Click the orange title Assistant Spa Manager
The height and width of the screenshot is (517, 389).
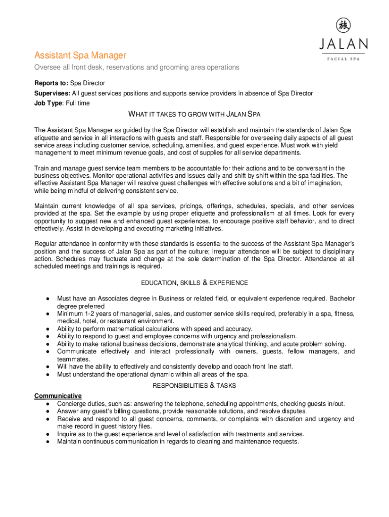click(x=80, y=55)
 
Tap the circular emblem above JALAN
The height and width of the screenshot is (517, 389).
click(x=344, y=25)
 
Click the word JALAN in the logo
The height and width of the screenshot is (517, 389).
click(x=343, y=44)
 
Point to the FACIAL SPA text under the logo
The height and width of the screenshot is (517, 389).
click(x=343, y=59)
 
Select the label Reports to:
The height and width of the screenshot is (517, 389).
click(x=51, y=83)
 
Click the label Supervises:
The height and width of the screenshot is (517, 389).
click(x=52, y=93)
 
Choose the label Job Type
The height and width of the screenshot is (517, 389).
click(x=48, y=104)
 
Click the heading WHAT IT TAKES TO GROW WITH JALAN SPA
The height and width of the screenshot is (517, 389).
click(x=194, y=114)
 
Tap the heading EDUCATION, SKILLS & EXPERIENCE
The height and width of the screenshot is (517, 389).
click(x=194, y=283)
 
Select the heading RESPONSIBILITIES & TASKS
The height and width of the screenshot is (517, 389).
click(x=194, y=385)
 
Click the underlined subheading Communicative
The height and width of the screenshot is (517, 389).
click(x=58, y=395)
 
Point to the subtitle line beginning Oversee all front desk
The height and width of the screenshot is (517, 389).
click(x=136, y=68)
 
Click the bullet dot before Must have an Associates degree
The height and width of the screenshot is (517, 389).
click(x=46, y=298)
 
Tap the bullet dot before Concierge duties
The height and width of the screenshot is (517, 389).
click(x=46, y=404)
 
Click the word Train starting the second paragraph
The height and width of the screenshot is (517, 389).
click(x=42, y=168)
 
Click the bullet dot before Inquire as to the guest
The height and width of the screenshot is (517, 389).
click(x=46, y=434)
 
